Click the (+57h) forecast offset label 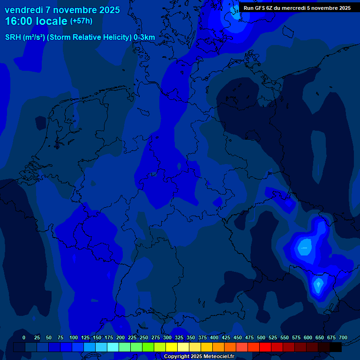81,21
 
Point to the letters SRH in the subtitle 13,37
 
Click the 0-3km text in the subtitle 144,37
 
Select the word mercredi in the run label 296,8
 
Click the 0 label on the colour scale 24,337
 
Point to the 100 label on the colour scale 74,337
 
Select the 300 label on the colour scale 167,337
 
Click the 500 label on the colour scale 261,337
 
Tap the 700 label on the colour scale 343,337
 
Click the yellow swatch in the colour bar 172,347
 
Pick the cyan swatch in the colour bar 113,347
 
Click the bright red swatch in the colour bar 265,347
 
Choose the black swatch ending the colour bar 336,347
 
